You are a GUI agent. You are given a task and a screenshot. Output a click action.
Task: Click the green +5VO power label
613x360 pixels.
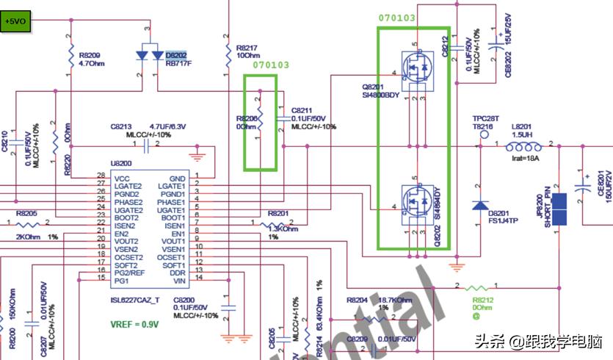click(x=15, y=22)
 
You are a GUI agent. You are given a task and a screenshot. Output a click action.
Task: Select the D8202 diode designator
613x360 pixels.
click(x=176, y=54)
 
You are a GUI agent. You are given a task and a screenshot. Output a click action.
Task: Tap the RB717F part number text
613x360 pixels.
click(x=178, y=64)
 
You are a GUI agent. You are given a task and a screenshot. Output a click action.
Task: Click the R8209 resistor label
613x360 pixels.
click(x=89, y=54)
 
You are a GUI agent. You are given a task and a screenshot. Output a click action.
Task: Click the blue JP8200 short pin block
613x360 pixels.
click(x=560, y=210)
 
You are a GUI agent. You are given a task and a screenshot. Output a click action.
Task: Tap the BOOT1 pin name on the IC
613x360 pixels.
click(x=173, y=218)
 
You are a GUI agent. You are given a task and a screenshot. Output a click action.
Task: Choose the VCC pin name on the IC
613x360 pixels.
click(x=122, y=178)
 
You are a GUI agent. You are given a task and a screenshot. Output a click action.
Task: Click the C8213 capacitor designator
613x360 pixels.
click(x=122, y=126)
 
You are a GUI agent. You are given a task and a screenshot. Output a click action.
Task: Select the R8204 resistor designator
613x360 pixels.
click(x=357, y=300)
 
